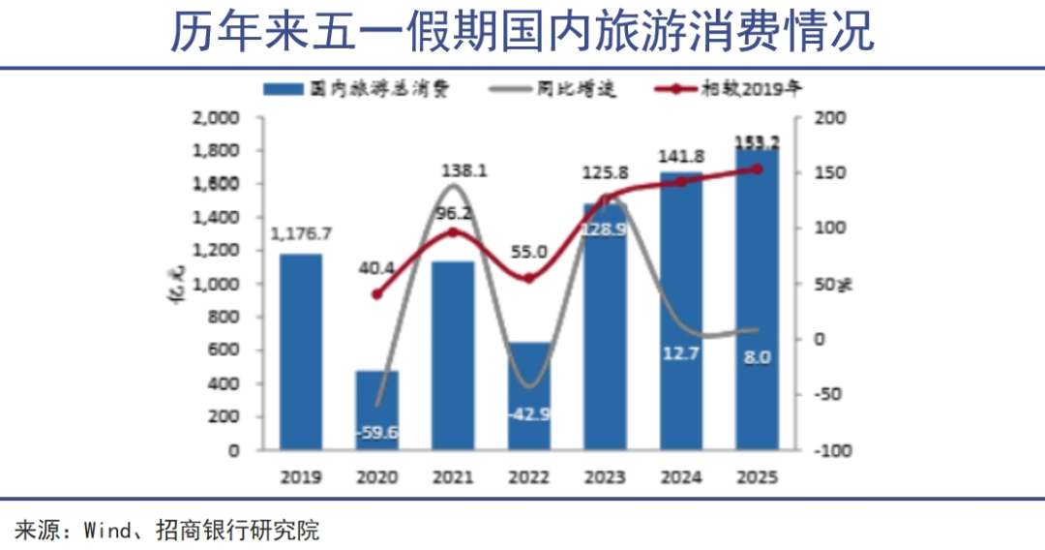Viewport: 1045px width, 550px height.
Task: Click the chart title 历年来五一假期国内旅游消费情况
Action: coord(522,31)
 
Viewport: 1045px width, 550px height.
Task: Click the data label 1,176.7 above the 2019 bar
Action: coord(302,233)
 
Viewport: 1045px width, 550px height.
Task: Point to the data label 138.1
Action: coord(453,170)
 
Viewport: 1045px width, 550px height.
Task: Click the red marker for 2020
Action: coord(377,294)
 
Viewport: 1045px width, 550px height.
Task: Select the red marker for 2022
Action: coord(529,278)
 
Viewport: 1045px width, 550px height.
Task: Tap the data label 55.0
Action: coord(529,252)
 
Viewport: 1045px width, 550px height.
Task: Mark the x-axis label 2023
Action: coord(605,477)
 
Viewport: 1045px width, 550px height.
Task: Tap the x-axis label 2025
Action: coord(757,477)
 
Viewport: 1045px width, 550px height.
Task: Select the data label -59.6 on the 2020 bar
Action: coord(377,433)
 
